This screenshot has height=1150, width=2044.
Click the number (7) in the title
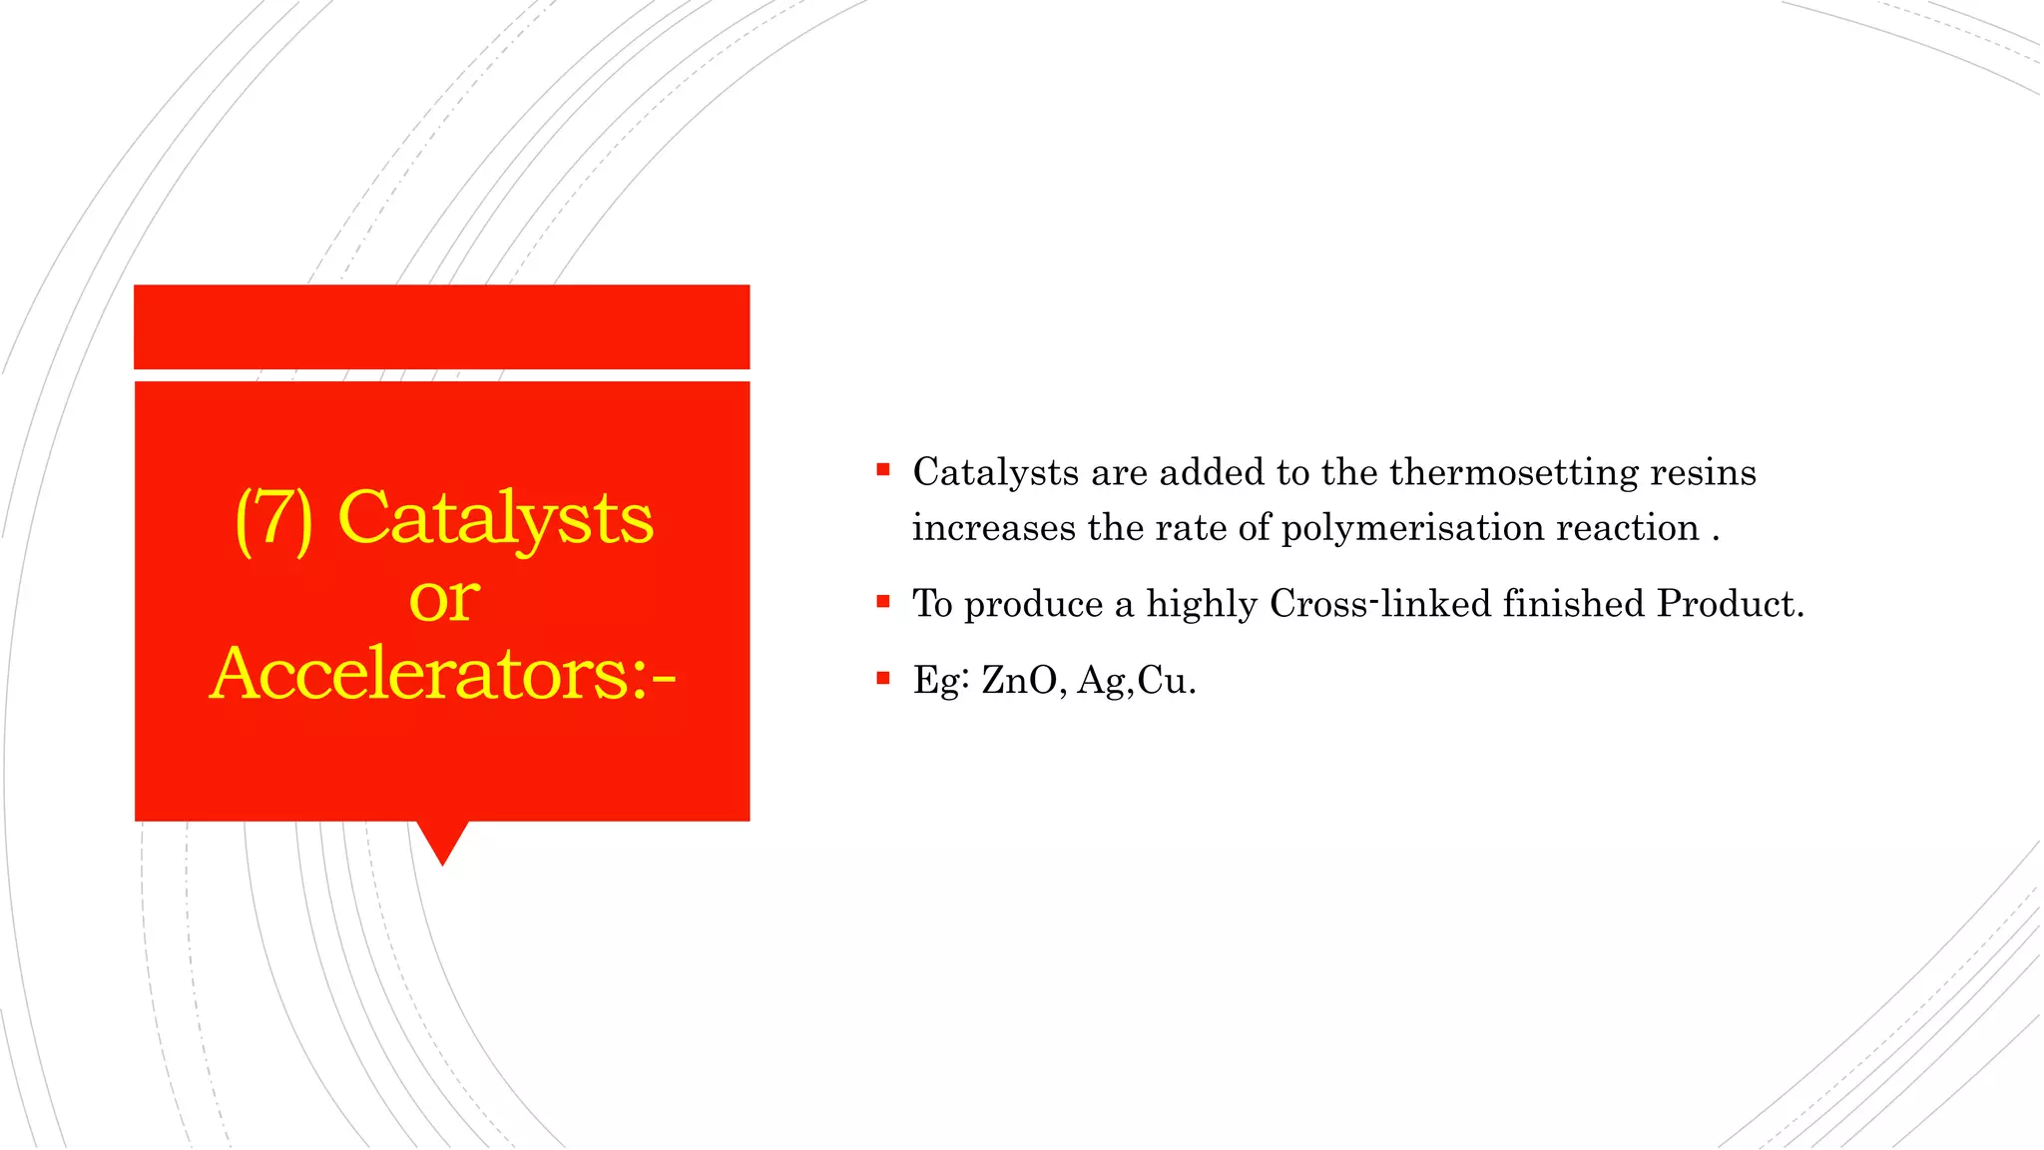pos(273,519)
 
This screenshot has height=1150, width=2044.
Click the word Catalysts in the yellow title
pos(495,519)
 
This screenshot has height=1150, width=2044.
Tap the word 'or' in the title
pos(444,599)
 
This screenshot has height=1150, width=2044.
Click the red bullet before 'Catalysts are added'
pos(882,469)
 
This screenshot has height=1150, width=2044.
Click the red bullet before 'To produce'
pos(882,601)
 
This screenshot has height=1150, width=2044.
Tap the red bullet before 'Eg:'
pos(882,678)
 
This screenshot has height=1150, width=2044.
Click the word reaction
pos(1628,528)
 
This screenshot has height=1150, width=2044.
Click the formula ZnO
pos(1019,681)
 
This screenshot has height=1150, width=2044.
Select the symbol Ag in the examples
pos(1102,682)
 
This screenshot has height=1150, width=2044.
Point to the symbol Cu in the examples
pos(1161,681)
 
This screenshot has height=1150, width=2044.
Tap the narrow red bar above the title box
pos(441,326)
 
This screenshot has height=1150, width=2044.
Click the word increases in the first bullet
pos(993,528)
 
